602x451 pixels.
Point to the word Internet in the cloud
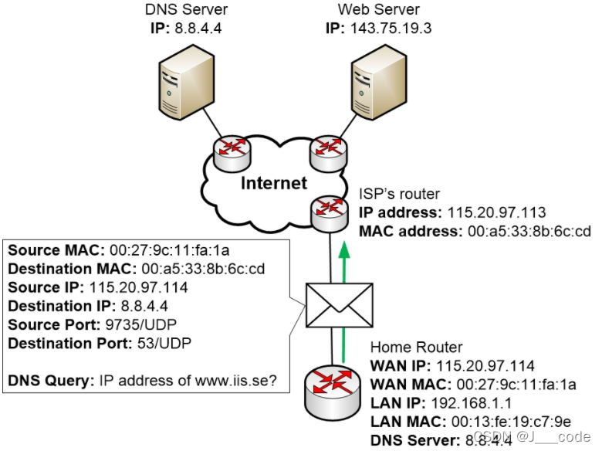(x=273, y=183)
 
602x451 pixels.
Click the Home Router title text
(x=416, y=348)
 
